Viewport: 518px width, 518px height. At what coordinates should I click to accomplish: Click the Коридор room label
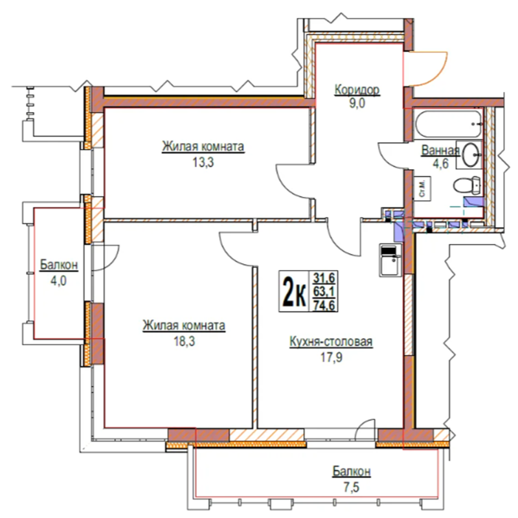(x=357, y=89)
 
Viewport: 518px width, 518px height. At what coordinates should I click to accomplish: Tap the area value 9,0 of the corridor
(x=357, y=104)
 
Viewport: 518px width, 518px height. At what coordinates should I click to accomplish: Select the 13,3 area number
(x=203, y=163)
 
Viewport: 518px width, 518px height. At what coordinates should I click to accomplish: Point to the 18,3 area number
(x=185, y=341)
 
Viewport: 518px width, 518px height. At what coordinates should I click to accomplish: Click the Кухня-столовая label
(x=331, y=342)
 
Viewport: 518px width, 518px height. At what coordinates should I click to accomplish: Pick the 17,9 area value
(x=332, y=357)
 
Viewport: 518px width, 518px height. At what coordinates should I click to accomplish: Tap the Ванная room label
(x=440, y=150)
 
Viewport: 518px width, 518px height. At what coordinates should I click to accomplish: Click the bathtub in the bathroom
(x=449, y=124)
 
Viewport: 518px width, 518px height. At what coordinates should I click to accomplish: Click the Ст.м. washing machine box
(x=423, y=188)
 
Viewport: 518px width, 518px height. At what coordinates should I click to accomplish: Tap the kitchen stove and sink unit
(x=390, y=260)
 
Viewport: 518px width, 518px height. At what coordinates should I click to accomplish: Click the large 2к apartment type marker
(x=293, y=291)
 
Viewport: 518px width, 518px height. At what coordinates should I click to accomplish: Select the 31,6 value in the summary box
(x=324, y=278)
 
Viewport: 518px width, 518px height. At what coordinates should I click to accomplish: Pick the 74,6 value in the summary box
(x=324, y=306)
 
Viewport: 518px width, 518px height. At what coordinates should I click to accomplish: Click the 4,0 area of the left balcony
(x=58, y=281)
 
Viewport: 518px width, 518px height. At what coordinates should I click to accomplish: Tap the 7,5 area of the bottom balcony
(x=351, y=487)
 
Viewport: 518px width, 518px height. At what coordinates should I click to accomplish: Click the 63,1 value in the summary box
(x=324, y=292)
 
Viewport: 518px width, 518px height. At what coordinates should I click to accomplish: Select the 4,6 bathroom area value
(x=441, y=164)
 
